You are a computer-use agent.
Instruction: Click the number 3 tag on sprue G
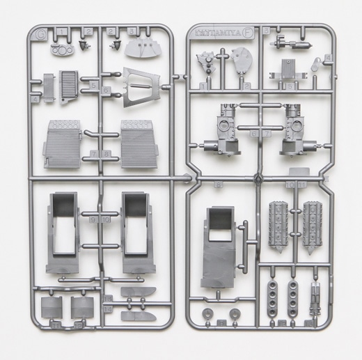pyautogui.click(x=131, y=32)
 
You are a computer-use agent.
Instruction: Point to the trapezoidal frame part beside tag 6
pyautogui.click(x=141, y=86)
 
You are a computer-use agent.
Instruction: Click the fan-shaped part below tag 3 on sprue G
pyautogui.click(x=145, y=47)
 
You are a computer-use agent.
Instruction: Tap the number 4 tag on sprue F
pyautogui.click(x=327, y=58)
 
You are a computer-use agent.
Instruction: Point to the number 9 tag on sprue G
pyautogui.click(x=94, y=219)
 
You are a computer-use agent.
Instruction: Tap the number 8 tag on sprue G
pyautogui.click(x=108, y=154)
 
